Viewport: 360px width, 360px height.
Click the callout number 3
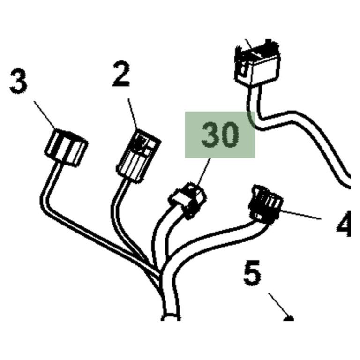point(19,81)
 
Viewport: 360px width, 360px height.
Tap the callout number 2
point(121,74)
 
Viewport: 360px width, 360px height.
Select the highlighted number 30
point(220,135)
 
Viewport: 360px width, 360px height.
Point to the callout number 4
point(344,224)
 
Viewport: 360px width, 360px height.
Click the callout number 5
point(252,273)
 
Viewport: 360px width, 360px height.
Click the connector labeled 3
point(66,147)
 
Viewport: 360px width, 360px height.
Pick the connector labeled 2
point(138,156)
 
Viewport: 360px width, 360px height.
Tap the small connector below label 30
point(187,200)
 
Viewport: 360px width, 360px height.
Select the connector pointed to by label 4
point(266,204)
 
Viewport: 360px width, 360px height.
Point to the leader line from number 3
point(45,115)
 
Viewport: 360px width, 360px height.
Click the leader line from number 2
point(133,114)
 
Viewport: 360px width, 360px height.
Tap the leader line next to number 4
point(300,215)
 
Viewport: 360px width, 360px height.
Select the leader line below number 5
point(279,305)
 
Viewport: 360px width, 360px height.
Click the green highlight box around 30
point(220,135)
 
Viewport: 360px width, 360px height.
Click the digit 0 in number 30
point(230,135)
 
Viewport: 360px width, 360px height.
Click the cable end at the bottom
point(171,317)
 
